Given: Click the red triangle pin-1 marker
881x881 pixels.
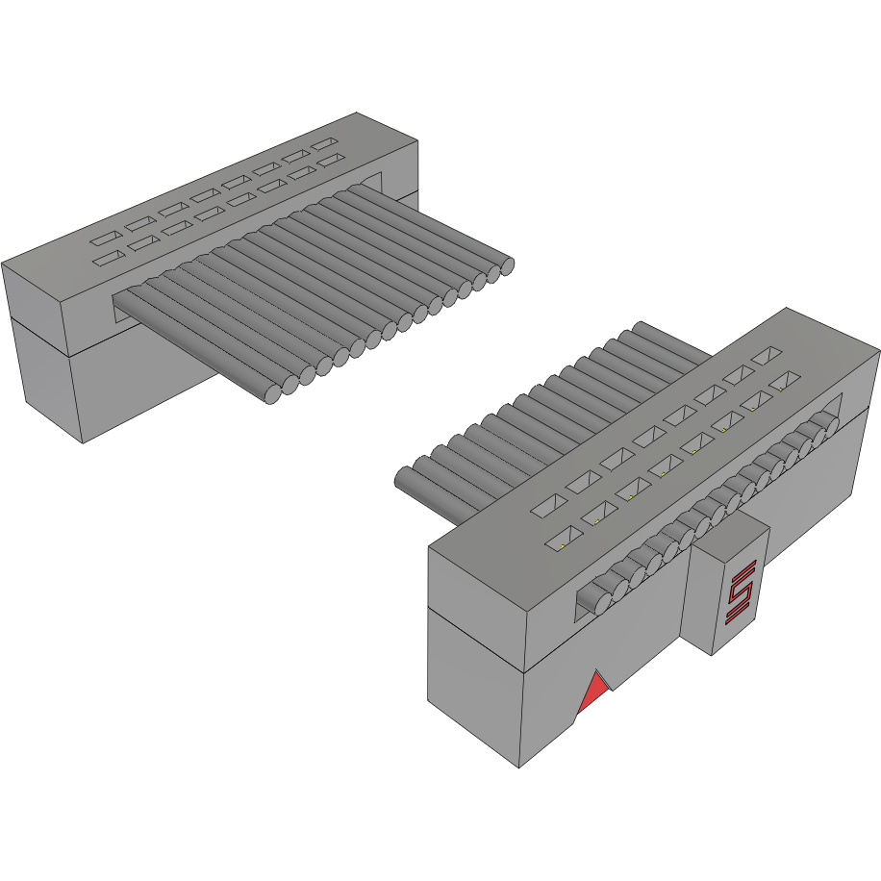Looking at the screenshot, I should coord(594,692).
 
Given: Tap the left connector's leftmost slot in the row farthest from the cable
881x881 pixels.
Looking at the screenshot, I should coord(104,236).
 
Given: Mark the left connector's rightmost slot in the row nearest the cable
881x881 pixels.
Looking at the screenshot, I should coord(332,160).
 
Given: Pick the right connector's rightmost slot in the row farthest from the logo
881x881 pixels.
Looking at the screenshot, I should coord(768,356).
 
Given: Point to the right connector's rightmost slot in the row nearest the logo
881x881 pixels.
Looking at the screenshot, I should coord(785,382).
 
